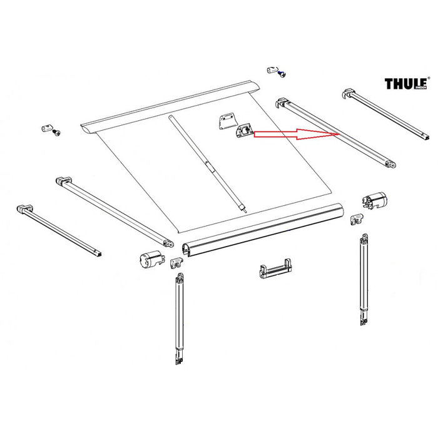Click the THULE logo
405,84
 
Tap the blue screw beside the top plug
283,73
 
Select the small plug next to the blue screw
272,68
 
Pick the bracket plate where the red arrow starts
243,131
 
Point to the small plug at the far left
45,128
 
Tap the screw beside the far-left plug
58,133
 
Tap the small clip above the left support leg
176,263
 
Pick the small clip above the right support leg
357,218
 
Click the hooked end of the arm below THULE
348,94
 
